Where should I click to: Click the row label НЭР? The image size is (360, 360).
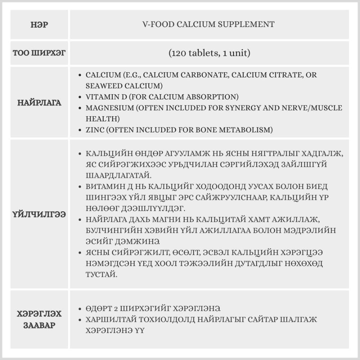pos(40,25)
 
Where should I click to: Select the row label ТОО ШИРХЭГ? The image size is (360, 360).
pos(40,53)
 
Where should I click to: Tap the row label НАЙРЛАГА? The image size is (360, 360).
pos(40,103)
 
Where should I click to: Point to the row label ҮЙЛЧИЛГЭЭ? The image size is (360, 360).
pos(40,214)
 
